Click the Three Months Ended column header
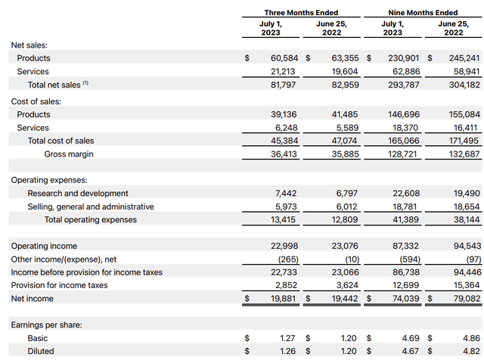[x=301, y=12]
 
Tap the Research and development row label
[x=78, y=194]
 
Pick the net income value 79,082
[x=462, y=299]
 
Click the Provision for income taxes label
[x=59, y=285]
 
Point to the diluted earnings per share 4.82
[x=469, y=352]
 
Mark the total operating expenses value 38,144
[x=463, y=220]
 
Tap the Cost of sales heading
[x=36, y=101]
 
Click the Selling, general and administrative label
[x=91, y=206]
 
